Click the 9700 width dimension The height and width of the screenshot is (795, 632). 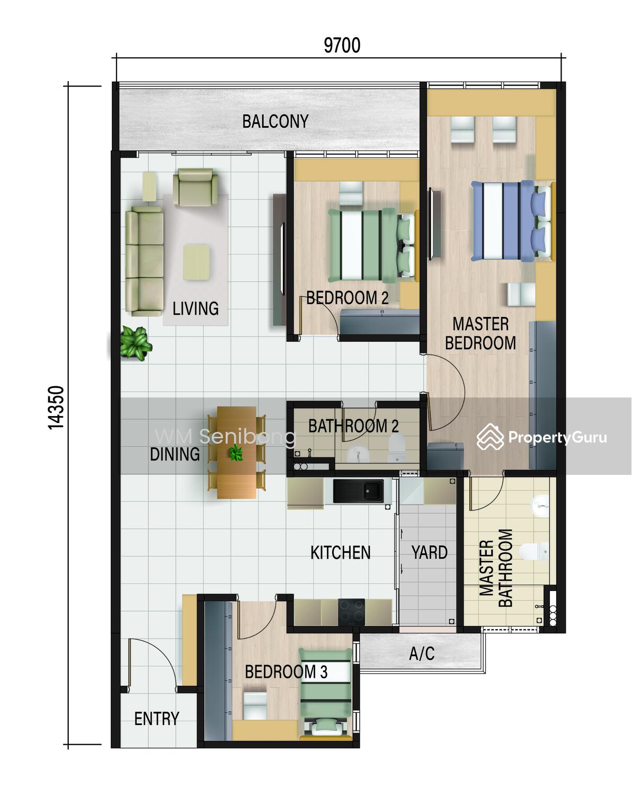tap(342, 46)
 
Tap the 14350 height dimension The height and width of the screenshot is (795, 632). tap(56, 408)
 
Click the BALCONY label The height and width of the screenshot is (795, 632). tap(275, 121)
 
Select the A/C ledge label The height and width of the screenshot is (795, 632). tap(422, 653)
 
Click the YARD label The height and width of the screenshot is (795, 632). tap(429, 552)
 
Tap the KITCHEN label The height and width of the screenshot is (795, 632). tap(340, 553)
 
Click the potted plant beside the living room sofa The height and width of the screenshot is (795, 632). tap(136, 343)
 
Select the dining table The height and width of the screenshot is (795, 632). tap(236, 452)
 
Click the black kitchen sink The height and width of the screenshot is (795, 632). tap(358, 491)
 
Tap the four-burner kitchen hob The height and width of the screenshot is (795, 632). tap(351, 612)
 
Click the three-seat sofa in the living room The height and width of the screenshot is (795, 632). tap(145, 261)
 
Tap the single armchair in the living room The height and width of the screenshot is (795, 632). tap(195, 187)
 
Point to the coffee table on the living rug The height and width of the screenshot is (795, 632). tap(197, 262)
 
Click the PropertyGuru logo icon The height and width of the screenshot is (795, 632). tap(490, 437)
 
